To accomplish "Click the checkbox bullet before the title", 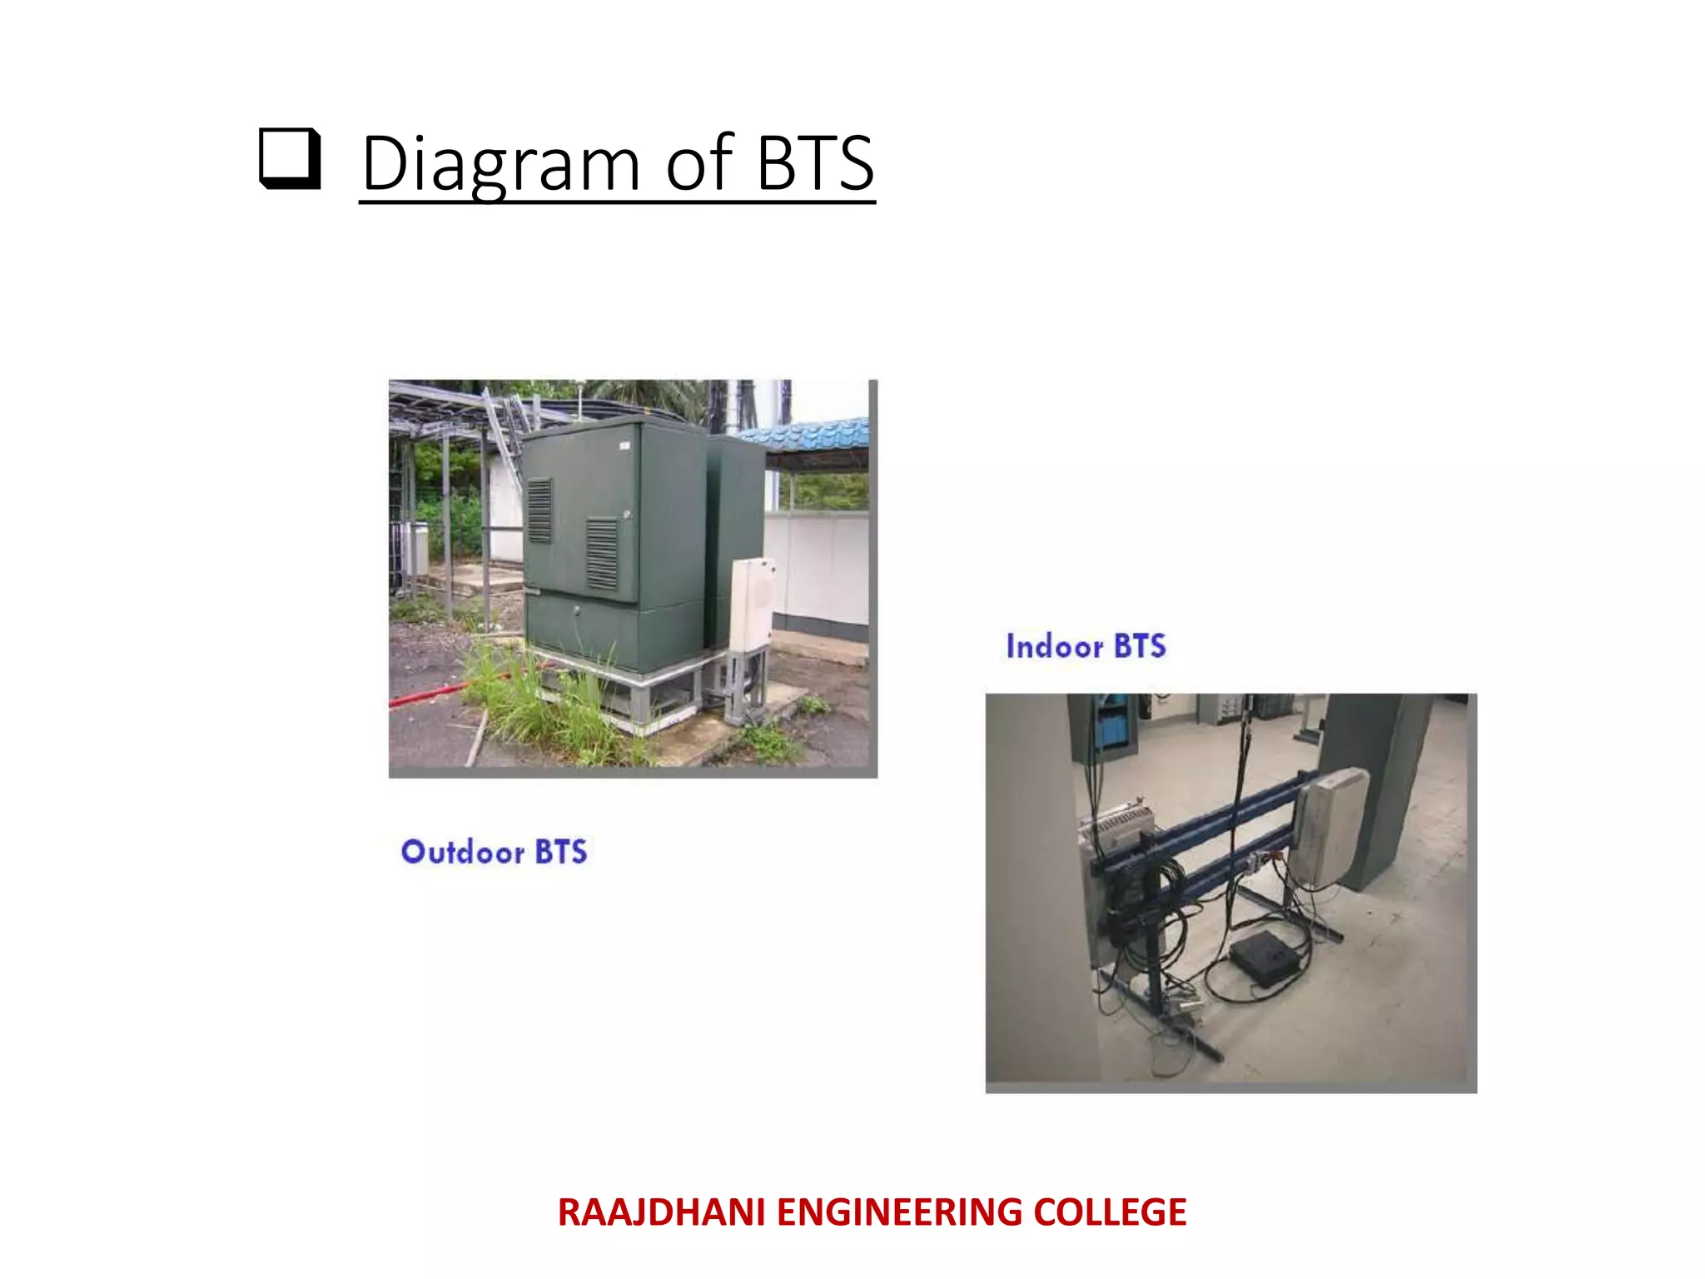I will click(x=289, y=158).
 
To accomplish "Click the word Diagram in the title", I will click(x=500, y=163).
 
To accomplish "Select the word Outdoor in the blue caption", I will click(x=463, y=852).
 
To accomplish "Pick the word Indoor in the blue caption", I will click(x=1054, y=646).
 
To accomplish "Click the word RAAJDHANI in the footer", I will click(x=661, y=1212).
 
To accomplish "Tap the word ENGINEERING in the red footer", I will click(x=898, y=1212).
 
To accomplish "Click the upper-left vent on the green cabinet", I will click(x=539, y=510).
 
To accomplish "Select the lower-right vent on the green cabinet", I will click(x=602, y=552).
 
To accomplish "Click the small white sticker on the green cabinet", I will click(x=624, y=447).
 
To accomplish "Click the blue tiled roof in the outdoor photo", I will click(x=812, y=437).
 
